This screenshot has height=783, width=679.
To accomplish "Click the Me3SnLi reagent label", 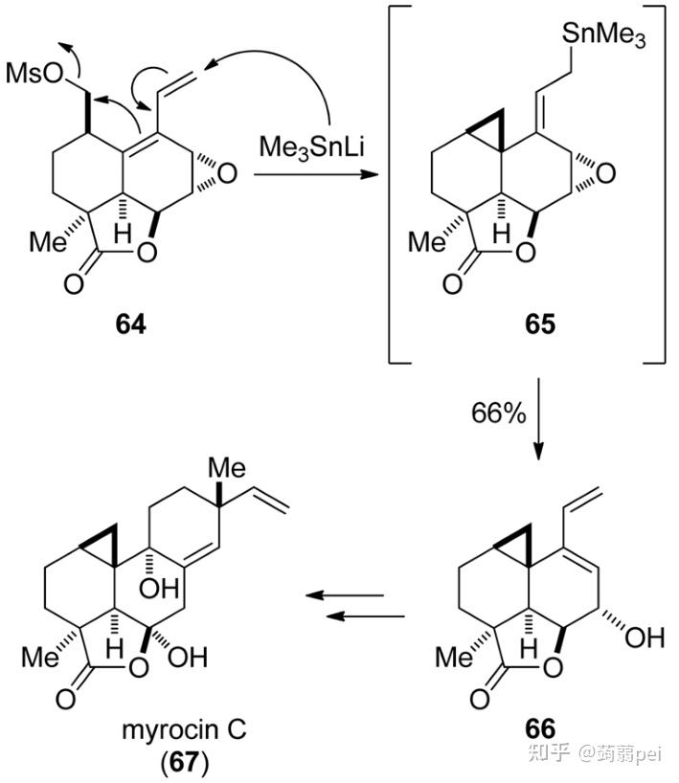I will coord(305,148).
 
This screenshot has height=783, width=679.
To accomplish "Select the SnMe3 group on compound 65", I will coord(604,39).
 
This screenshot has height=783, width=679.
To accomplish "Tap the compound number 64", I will coord(131,325).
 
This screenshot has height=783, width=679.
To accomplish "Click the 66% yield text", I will coord(497,414).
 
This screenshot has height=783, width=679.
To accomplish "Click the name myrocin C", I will coord(183,730).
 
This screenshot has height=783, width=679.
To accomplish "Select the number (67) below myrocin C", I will coord(183,763).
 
